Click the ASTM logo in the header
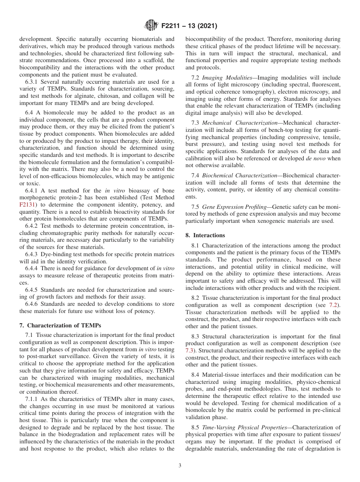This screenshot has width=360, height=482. pos(151,26)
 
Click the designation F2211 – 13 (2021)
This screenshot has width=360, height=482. pos(189,26)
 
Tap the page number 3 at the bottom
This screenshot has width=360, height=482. pos(180,466)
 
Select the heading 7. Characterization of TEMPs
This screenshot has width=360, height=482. pos(60,325)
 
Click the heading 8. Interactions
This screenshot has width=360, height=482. pos(205,235)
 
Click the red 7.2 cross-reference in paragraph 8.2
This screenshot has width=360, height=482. pos(335,305)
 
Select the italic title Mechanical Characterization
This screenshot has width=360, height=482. pos(239,123)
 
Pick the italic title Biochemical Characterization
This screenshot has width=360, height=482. pos(239,175)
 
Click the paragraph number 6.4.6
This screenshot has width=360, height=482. pos(32,304)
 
